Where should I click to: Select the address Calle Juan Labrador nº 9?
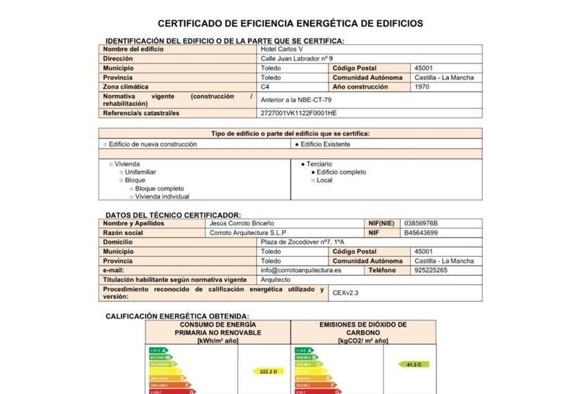[x=296, y=58]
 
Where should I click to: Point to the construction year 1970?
[x=423, y=87]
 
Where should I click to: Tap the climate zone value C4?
[x=265, y=87]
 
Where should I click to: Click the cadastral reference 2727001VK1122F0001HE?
[x=298, y=113]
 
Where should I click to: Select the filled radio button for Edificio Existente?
[x=298, y=144]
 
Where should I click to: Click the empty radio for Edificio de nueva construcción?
[x=106, y=144]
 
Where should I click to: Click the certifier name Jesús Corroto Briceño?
[x=242, y=223]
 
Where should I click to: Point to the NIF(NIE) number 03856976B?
[x=426, y=223]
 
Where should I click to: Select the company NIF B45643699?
[x=421, y=233]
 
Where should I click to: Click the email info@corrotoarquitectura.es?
[x=300, y=270]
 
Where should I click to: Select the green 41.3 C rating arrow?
[x=413, y=364]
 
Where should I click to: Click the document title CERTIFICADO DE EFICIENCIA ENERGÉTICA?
[x=290, y=23]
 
